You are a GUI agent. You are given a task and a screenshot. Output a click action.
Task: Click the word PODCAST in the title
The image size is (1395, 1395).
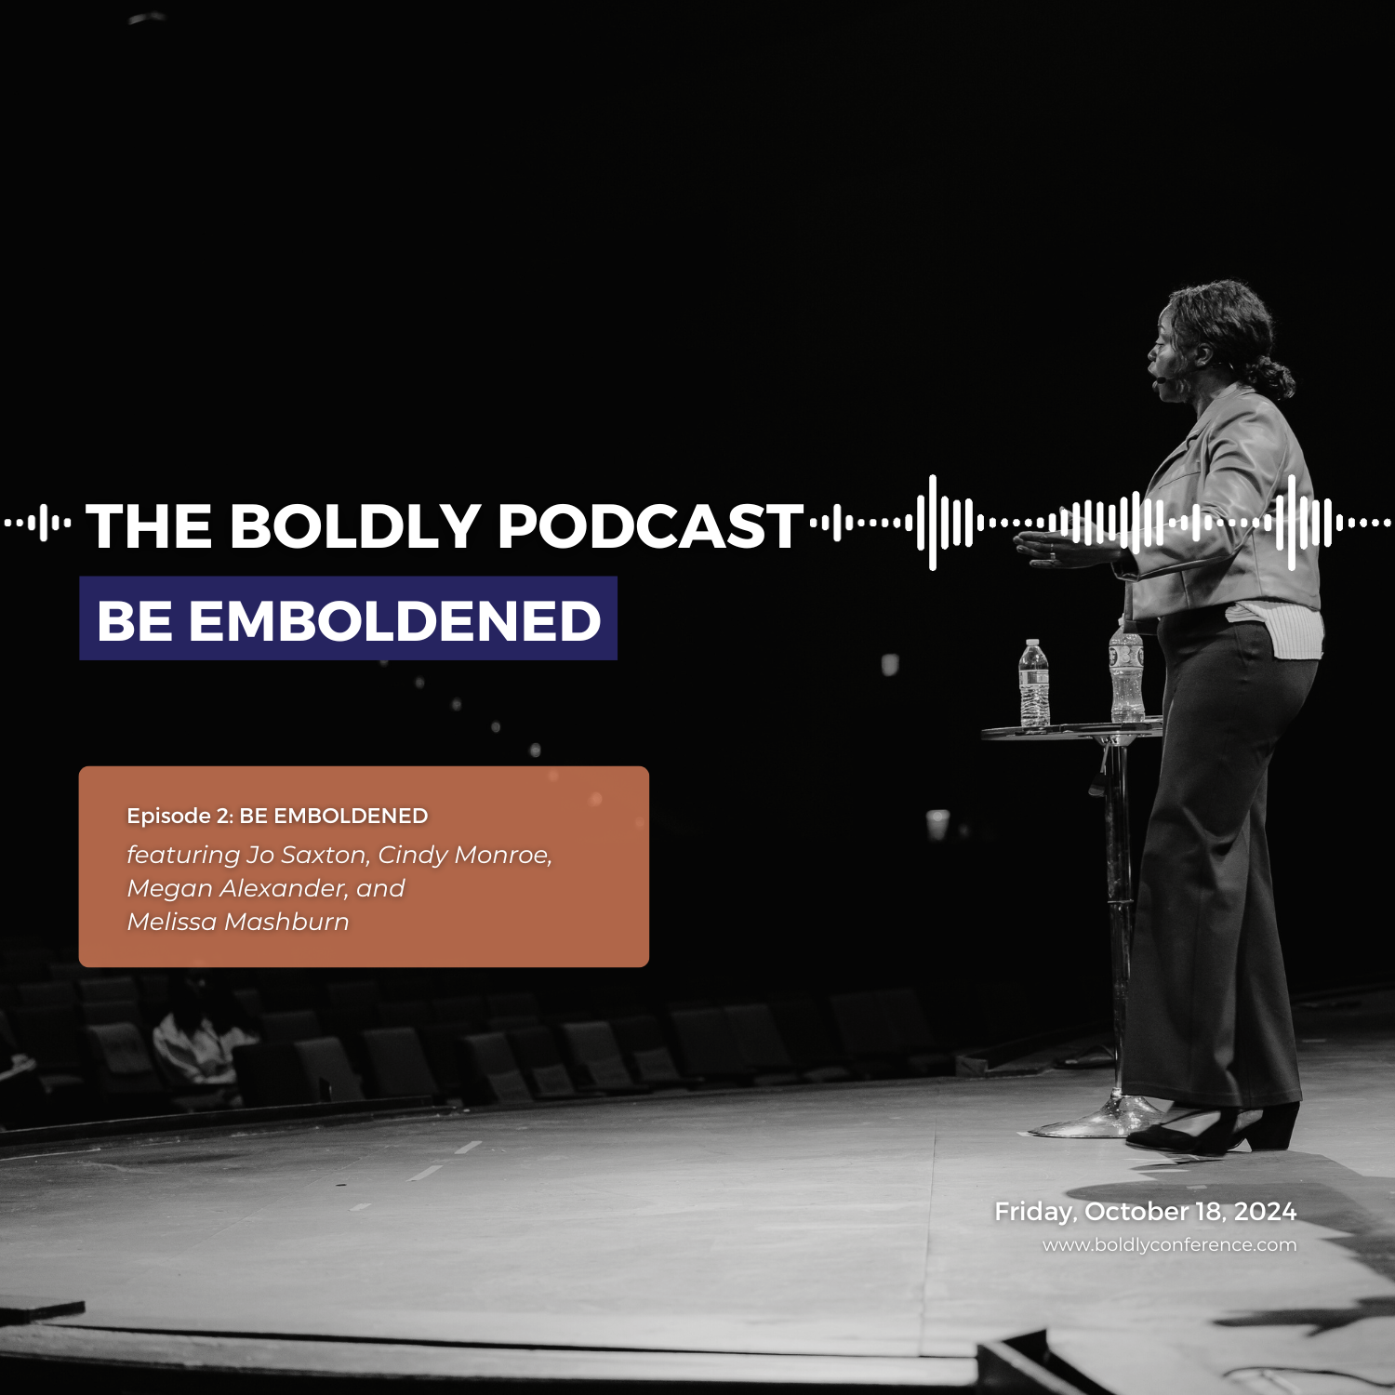point(650,527)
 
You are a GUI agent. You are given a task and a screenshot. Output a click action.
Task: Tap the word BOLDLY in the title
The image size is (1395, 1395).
point(354,527)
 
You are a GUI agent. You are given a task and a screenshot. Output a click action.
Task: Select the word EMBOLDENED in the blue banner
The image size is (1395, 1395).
point(394,620)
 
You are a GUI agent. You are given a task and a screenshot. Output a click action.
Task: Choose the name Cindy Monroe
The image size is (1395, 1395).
point(464,855)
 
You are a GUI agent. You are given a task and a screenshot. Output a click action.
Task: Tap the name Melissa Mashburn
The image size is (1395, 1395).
point(238,922)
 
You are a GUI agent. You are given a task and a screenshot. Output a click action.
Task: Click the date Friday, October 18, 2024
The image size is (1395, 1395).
point(1145,1211)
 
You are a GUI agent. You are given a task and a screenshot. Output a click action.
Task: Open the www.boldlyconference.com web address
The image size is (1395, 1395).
point(1169,1244)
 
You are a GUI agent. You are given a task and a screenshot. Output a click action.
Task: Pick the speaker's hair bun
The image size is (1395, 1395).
point(1274,377)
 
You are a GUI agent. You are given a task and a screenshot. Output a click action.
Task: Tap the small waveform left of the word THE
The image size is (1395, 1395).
point(38,524)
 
